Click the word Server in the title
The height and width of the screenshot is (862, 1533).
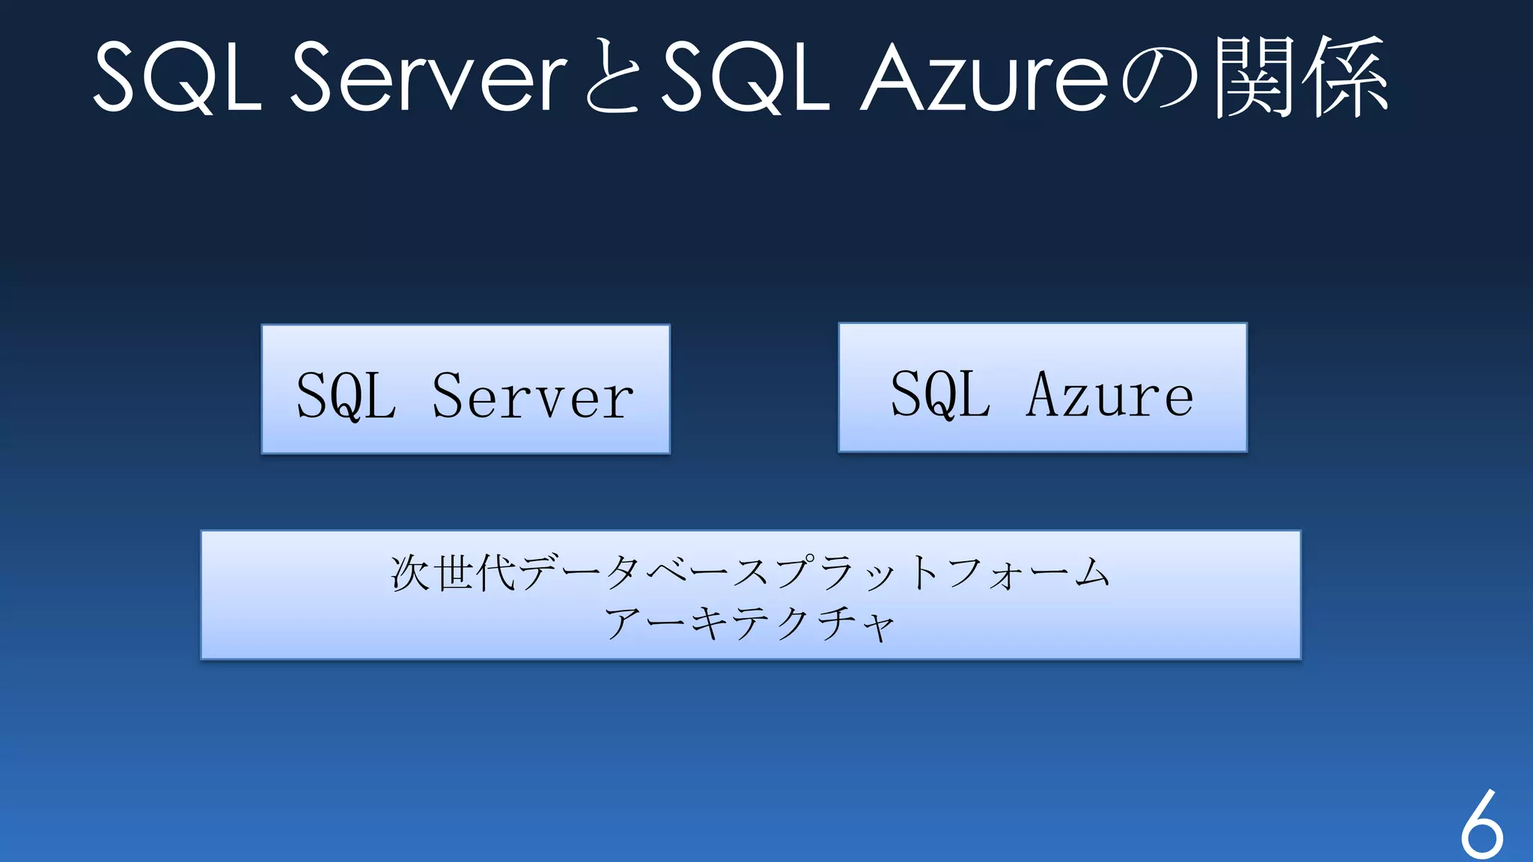coord(428,77)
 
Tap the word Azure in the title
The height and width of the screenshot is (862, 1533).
coord(984,77)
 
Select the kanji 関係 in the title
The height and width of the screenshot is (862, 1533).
coord(1301,77)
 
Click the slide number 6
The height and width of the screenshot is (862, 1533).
coord(1481,825)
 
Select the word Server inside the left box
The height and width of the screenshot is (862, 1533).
coord(532,396)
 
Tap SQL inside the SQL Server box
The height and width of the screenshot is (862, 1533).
coord(346,396)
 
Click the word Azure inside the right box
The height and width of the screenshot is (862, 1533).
coord(1109,394)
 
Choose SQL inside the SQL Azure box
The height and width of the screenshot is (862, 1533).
coord(940,394)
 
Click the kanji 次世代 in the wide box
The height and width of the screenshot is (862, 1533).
coord(453,573)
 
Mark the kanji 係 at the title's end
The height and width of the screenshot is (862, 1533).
coord(1346,77)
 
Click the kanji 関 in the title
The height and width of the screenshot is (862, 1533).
coord(1256,77)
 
